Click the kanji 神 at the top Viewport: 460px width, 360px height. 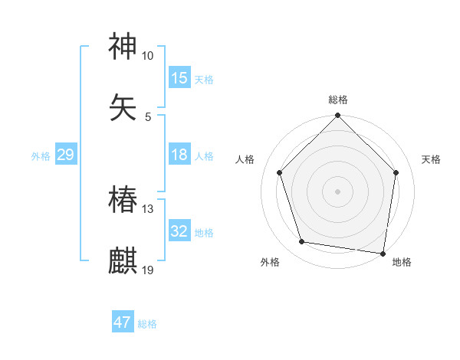point(123,47)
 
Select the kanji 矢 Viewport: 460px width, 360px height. point(123,107)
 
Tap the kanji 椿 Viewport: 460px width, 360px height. point(123,201)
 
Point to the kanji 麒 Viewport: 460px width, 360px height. point(123,261)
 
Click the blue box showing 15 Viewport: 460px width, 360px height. point(179,78)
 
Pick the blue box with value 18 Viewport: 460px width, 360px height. point(179,155)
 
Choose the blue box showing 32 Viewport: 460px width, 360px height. point(179,231)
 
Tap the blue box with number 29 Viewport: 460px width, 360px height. point(65,155)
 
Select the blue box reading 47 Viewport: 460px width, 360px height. point(123,322)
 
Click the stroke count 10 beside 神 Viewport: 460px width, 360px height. point(148,56)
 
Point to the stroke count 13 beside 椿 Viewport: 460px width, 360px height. point(148,209)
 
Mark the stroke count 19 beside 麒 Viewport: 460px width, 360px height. point(148,270)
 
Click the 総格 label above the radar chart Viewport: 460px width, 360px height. point(338,100)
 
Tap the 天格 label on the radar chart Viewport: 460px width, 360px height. point(432,159)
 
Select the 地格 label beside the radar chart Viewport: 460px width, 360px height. point(402,262)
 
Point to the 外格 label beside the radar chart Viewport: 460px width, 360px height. point(270,262)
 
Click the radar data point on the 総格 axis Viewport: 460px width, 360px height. point(338,116)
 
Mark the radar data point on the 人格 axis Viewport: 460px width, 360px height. point(279,172)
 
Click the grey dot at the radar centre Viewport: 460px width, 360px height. point(338,191)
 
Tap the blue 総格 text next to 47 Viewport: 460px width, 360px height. point(147,323)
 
